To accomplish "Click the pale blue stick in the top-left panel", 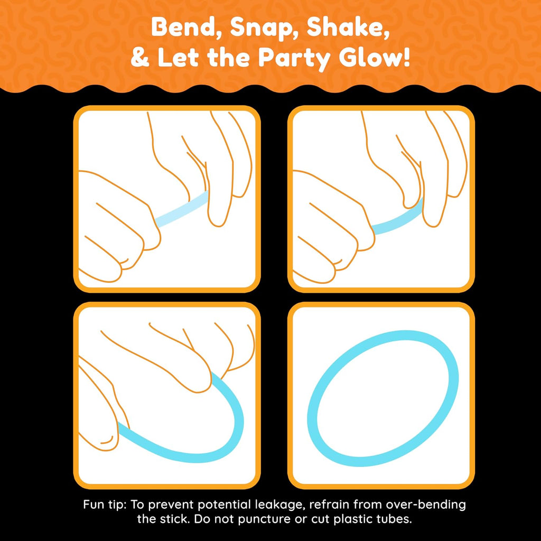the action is pyautogui.click(x=182, y=209).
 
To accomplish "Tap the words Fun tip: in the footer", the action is pyautogui.click(x=105, y=505).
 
